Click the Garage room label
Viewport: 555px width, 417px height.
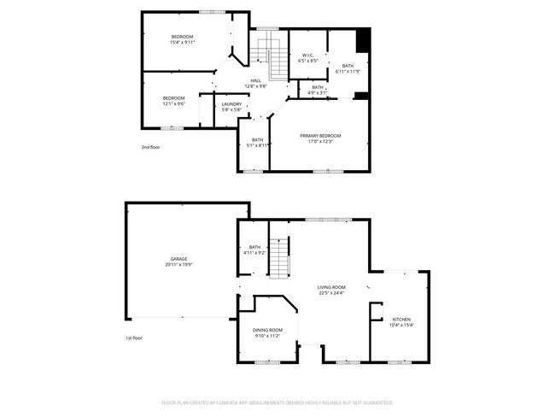(178, 259)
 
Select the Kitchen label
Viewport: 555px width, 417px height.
(400, 319)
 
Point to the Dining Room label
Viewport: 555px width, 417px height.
(267, 330)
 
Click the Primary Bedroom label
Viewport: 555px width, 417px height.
(320, 136)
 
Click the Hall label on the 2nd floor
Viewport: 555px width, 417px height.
(255, 80)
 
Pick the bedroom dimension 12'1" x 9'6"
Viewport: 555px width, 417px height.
(173, 103)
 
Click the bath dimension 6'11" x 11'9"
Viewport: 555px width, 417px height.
(348, 71)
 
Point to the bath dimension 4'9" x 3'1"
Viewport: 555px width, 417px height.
(318, 92)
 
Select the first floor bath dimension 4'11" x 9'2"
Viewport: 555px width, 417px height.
(254, 253)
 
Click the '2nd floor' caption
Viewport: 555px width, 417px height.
(150, 147)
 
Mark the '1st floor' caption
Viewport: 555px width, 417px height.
(133, 338)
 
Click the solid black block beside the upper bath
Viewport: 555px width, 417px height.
(363, 41)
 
